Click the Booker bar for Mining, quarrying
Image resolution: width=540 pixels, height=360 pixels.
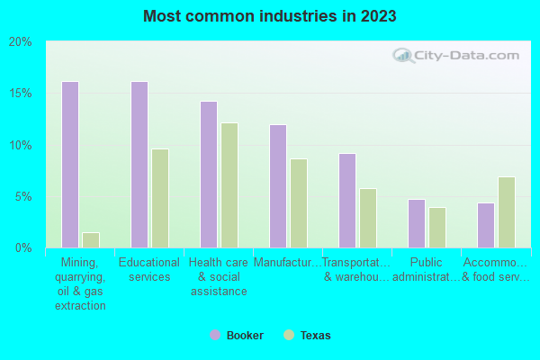[70, 165]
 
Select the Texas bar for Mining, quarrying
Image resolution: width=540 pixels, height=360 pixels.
[91, 239]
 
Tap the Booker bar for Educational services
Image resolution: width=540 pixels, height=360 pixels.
[139, 165]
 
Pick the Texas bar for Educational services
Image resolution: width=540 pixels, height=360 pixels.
[160, 198]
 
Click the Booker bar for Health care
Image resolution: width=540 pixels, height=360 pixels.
[209, 175]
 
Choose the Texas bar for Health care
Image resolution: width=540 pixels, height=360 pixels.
[229, 185]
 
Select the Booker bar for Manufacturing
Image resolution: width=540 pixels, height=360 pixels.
[278, 186]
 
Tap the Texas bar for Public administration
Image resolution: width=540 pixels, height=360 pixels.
[437, 228]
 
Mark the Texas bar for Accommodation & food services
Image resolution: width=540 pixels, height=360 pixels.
[507, 212]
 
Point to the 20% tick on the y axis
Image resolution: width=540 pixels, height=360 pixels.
[20, 41]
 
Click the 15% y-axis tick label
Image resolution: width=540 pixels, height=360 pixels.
[20, 94]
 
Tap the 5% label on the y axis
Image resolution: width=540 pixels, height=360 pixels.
[22, 196]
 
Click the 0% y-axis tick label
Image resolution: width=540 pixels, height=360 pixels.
[22, 247]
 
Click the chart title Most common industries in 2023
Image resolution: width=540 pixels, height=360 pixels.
[269, 16]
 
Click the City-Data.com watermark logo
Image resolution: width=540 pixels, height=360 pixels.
[458, 55]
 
